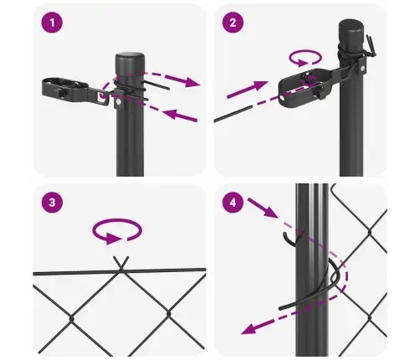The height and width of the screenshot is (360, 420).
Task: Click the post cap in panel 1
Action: (x=130, y=59)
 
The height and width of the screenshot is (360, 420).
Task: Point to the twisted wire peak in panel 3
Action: (x=121, y=262)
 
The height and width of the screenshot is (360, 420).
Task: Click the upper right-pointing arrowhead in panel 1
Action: (x=194, y=83)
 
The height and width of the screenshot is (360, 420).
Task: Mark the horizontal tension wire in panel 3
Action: (x=67, y=272)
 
